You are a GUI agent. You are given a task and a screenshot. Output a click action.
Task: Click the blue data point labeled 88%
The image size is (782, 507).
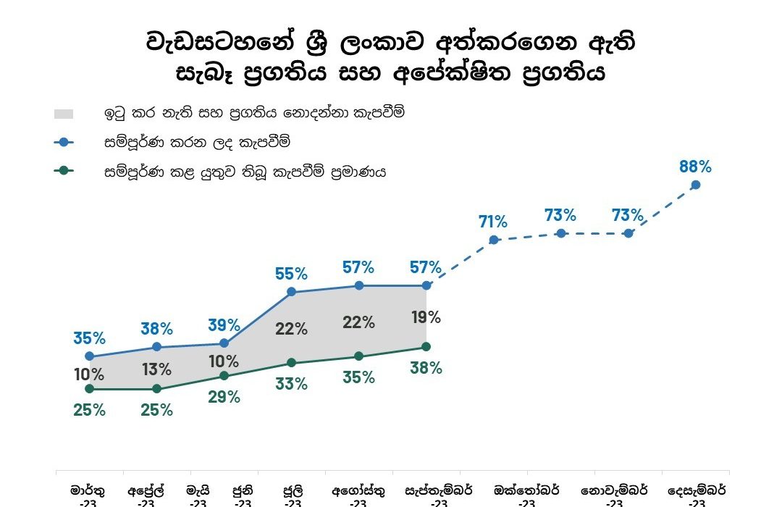pos(696,185)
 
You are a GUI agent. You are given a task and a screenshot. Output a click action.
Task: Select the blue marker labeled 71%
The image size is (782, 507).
pos(494,240)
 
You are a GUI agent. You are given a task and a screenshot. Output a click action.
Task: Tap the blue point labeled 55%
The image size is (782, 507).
pos(291,292)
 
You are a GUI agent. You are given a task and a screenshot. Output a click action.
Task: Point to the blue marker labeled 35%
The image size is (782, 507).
pos(89,356)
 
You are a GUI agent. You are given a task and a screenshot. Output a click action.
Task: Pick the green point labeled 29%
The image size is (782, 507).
pos(224,376)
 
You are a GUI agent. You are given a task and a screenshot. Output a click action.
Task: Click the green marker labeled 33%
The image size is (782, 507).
pos(291,363)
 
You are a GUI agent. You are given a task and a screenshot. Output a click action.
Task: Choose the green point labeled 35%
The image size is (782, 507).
pos(358,356)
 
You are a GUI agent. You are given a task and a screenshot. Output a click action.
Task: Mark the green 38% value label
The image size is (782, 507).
pos(426,368)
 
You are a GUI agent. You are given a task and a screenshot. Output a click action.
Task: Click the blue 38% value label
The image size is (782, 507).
pos(157,329)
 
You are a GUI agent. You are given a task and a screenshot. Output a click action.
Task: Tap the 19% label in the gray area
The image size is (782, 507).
pos(425,317)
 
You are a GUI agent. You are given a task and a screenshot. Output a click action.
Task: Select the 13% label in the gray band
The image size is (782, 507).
pos(156,369)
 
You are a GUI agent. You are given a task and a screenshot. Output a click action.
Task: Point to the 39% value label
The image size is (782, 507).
pos(224,325)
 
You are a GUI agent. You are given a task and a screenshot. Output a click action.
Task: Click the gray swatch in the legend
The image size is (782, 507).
pos(64,114)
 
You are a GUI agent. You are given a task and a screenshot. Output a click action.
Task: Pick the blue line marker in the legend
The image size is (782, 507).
pos(64,143)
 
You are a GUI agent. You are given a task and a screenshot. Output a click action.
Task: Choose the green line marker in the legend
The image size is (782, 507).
pos(64,172)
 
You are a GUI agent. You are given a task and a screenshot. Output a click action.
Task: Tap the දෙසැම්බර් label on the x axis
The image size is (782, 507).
pos(697,490)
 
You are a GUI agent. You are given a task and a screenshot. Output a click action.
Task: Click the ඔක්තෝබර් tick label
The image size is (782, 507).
pos(526,490)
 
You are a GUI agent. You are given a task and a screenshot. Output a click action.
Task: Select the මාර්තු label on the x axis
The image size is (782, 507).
pos(88,490)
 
